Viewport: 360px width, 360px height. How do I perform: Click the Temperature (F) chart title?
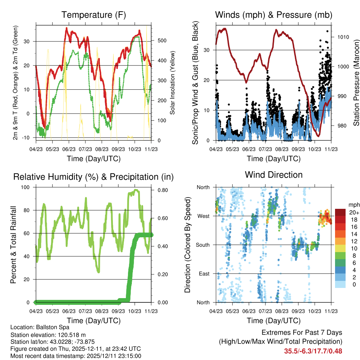[94, 15]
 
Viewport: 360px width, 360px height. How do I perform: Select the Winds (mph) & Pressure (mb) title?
[274, 15]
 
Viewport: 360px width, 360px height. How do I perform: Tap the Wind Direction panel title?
[274, 175]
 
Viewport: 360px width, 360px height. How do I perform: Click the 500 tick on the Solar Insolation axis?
[162, 41]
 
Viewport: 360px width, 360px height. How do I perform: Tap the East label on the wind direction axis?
[204, 274]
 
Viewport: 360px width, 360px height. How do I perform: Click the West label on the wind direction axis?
[203, 216]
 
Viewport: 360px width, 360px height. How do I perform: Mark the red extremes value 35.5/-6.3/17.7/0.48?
[313, 351]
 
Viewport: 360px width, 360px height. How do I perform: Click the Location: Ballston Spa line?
[40, 327]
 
